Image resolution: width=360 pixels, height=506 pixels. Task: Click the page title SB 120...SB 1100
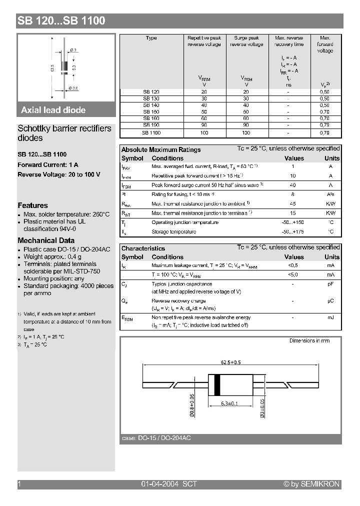pyautogui.click(x=61, y=20)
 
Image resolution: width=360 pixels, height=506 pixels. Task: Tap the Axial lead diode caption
pyautogui.click(x=53, y=110)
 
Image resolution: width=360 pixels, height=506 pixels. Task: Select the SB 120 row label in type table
pyautogui.click(x=151, y=92)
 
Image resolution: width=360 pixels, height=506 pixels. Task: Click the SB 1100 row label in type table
pyautogui.click(x=151, y=132)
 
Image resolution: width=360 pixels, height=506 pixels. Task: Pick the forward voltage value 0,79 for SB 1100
pyautogui.click(x=324, y=132)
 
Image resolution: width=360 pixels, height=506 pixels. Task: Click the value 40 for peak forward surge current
pyautogui.click(x=293, y=185)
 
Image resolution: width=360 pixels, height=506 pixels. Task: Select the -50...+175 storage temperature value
pyautogui.click(x=293, y=231)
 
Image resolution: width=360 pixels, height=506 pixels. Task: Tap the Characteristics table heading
pyautogui.click(x=143, y=248)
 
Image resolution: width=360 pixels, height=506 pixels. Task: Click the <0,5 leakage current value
pyautogui.click(x=293, y=265)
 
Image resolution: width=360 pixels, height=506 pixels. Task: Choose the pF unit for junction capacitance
pyautogui.click(x=330, y=283)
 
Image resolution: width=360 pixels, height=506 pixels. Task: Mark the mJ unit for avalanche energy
pyautogui.click(x=330, y=317)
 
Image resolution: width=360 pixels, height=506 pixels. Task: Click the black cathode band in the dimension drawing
pyautogui.click(x=217, y=385)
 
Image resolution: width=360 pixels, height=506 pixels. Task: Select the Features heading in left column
pyautogui.click(x=33, y=205)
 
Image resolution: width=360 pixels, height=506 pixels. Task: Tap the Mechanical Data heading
pyautogui.click(x=45, y=240)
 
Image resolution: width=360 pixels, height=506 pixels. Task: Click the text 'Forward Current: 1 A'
pyautogui.click(x=48, y=164)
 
